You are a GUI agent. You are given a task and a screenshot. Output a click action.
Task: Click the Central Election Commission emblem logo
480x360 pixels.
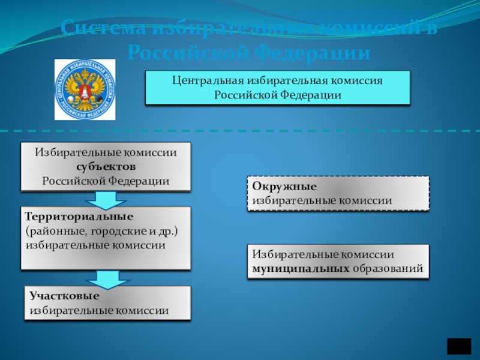85,89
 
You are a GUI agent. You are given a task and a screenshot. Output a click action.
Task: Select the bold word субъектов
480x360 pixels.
106,166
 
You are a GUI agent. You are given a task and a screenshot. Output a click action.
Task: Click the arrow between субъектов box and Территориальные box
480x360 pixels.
105,199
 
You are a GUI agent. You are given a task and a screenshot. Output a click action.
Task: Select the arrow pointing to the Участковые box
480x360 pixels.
105,278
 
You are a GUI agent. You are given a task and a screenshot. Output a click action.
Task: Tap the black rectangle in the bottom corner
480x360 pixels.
460,347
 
